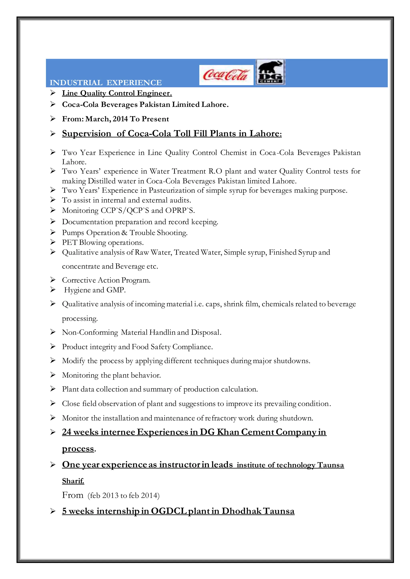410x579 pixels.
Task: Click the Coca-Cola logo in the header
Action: click(226, 75)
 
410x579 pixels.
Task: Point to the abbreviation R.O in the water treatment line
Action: click(215, 171)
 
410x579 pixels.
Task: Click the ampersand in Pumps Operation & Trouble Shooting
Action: click(124, 233)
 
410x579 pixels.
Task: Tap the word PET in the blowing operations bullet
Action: click(70, 242)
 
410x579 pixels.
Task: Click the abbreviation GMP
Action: click(116, 290)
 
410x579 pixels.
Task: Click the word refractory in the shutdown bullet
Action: click(220, 418)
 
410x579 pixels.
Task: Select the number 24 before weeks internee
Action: click(67, 432)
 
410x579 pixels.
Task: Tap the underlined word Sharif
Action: click(73, 481)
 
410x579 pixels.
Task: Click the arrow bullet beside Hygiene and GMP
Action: click(53, 290)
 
